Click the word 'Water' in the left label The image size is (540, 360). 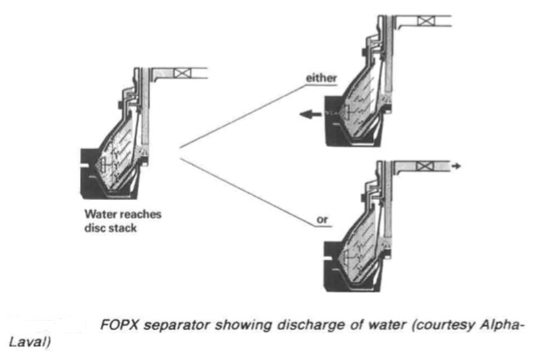point(89,214)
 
